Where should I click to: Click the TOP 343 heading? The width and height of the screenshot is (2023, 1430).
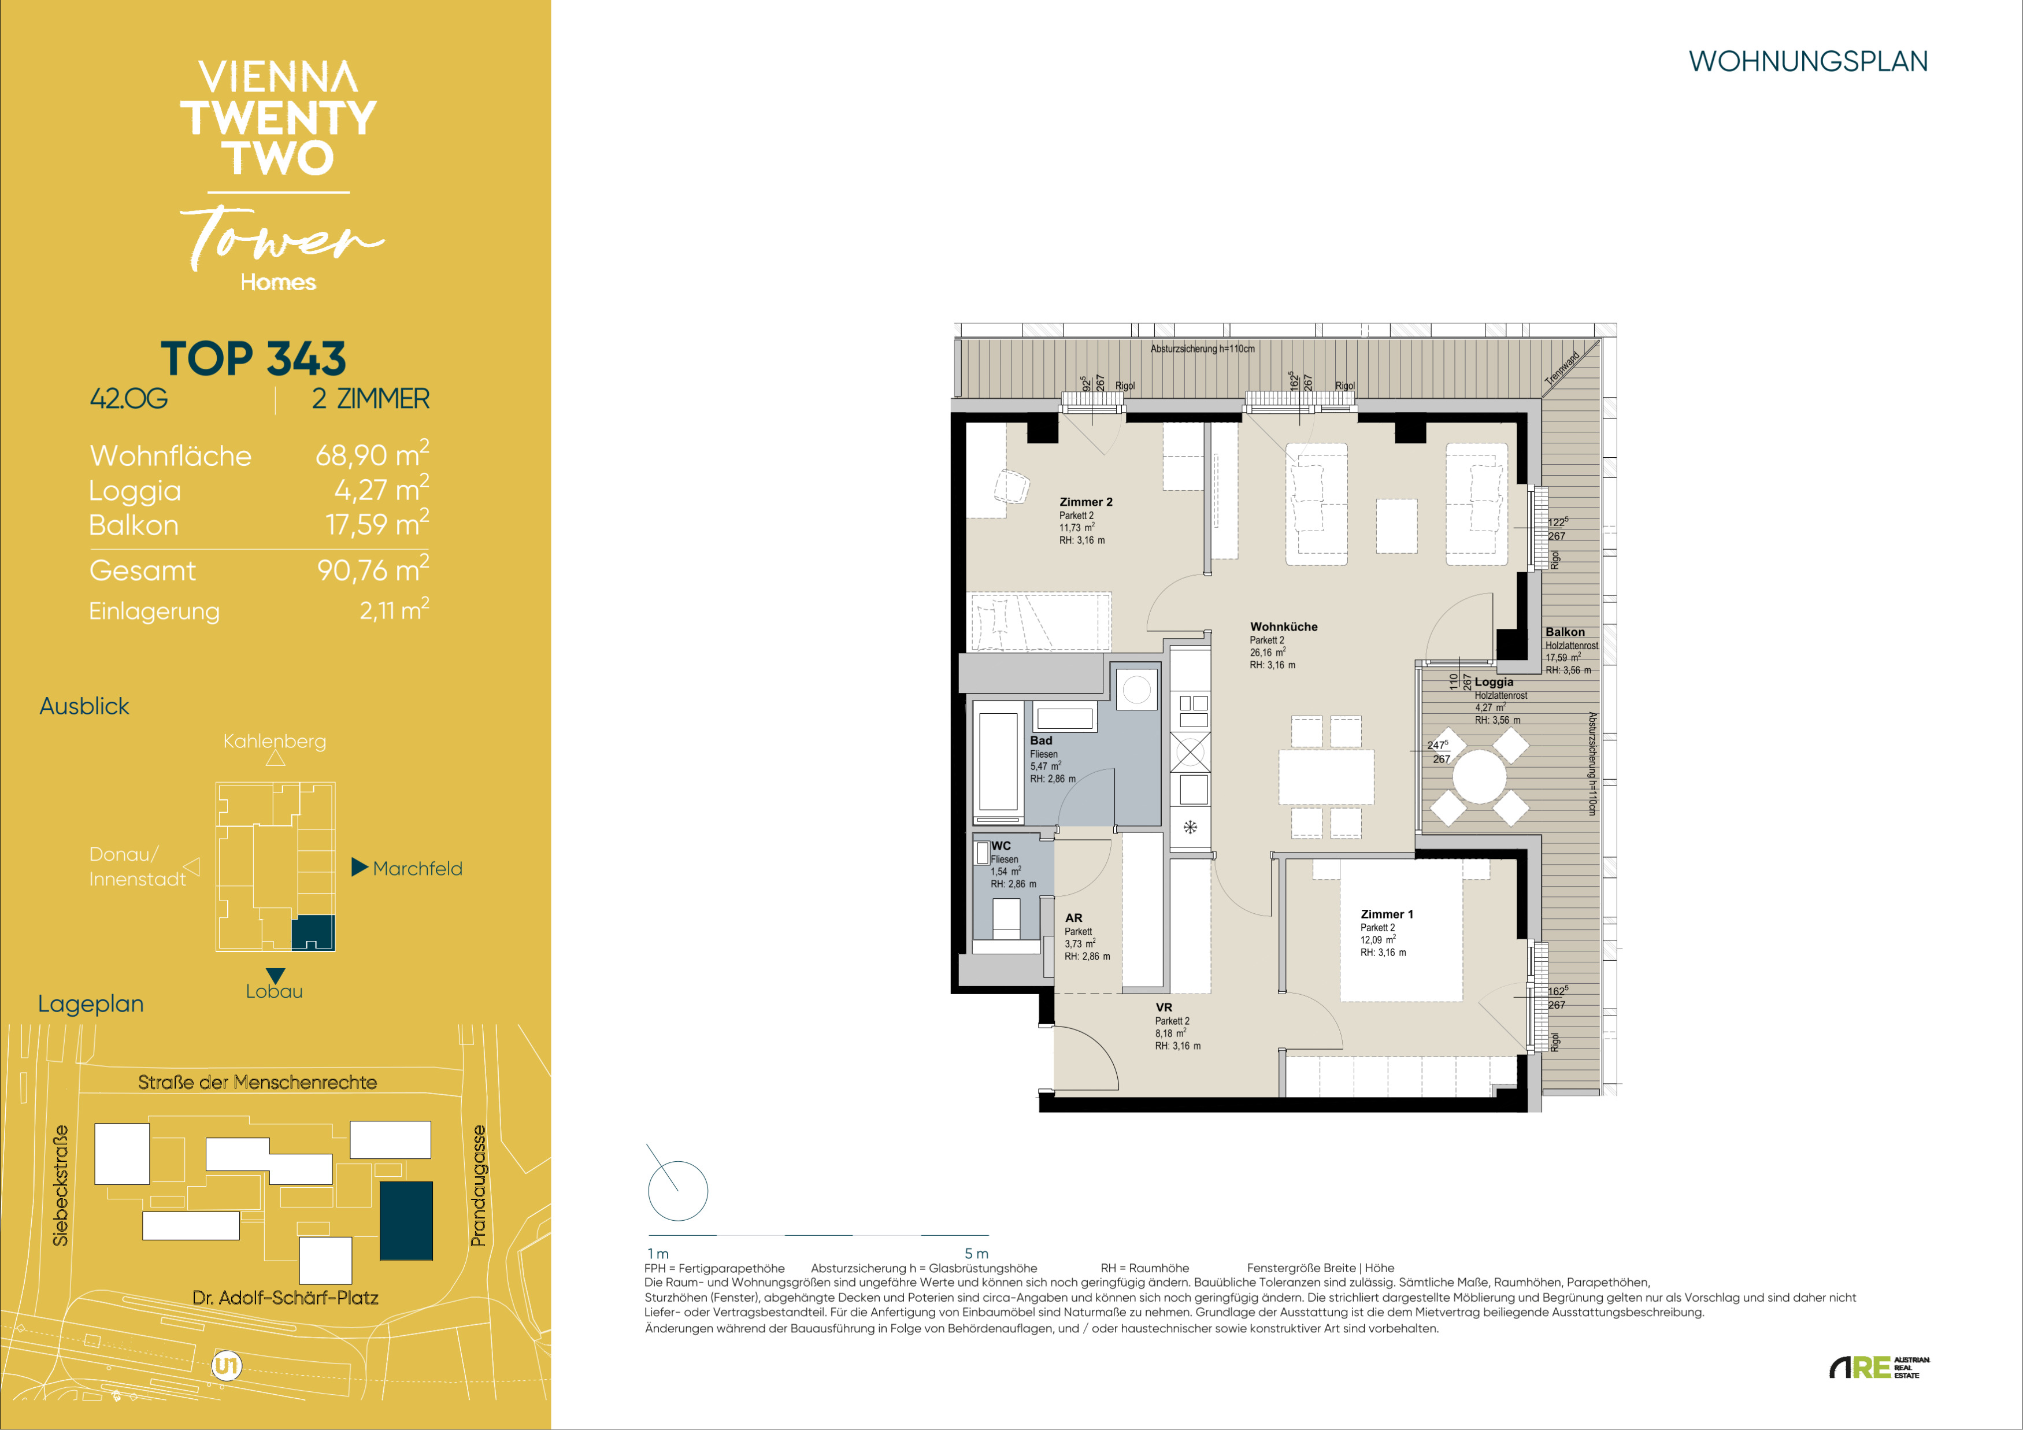pyautogui.click(x=253, y=358)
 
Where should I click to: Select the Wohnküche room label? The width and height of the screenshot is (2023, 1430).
pyautogui.click(x=1284, y=627)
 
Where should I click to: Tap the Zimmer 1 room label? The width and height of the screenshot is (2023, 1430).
pyautogui.click(x=1386, y=914)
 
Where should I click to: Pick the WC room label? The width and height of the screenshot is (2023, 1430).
pyautogui.click(x=1001, y=846)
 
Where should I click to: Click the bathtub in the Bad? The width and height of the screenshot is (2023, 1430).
pyautogui.click(x=998, y=761)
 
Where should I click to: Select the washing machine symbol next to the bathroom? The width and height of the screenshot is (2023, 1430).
pyautogui.click(x=1136, y=689)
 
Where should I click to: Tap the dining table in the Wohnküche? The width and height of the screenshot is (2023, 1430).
pyautogui.click(x=1326, y=776)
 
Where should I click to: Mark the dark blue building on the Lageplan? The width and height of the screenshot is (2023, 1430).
pyautogui.click(x=406, y=1220)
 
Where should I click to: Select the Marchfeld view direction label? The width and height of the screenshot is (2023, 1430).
pyautogui.click(x=417, y=869)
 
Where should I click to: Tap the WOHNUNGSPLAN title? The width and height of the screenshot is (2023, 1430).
pyautogui.click(x=1808, y=62)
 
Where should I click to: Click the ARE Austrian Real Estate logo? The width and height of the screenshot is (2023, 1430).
pyautogui.click(x=1880, y=1368)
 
